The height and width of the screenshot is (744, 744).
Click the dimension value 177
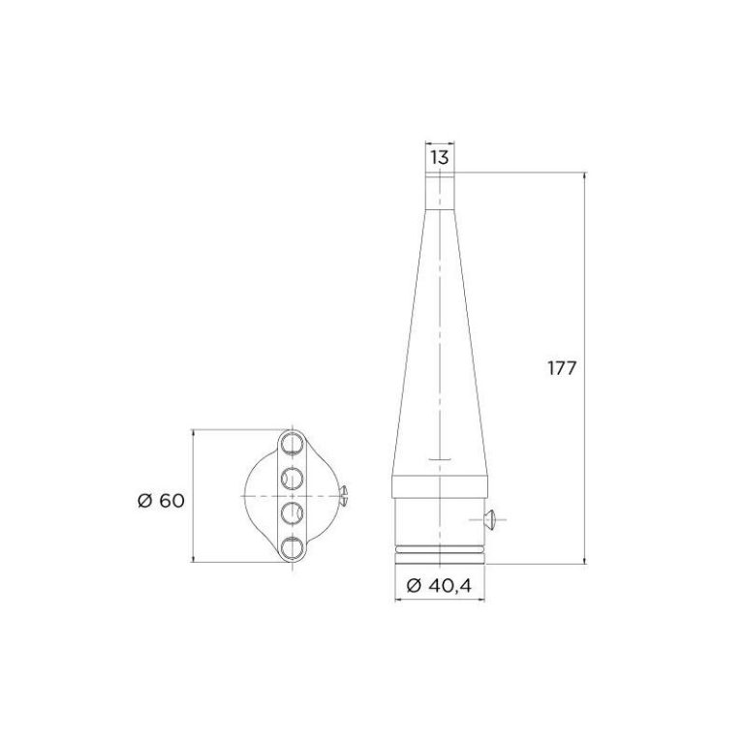[562, 368]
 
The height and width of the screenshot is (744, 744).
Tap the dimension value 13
[440, 157]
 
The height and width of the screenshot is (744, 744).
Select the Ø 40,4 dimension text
[440, 585]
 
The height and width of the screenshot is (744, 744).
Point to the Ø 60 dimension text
[161, 501]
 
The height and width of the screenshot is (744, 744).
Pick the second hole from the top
[292, 479]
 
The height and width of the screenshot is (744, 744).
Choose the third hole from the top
[292, 512]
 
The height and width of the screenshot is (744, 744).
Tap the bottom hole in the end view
[292, 547]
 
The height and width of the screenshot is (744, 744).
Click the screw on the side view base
[489, 519]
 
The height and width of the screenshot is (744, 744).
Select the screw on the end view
[344, 496]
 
